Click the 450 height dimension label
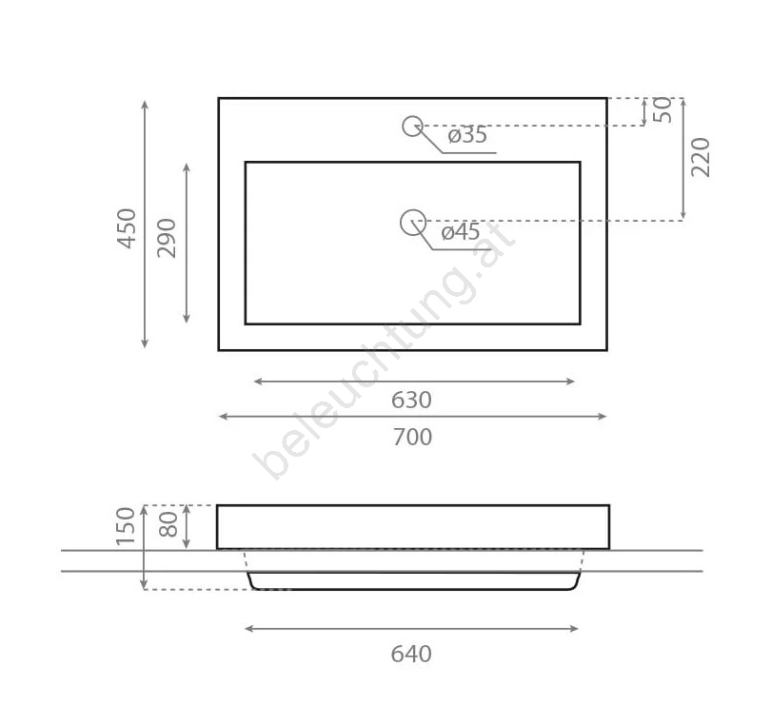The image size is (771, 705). click(x=127, y=228)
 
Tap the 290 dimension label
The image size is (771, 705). click(x=167, y=238)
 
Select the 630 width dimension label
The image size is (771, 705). click(x=411, y=401)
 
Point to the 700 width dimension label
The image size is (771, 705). click(x=412, y=437)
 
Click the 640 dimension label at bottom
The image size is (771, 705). click(x=411, y=655)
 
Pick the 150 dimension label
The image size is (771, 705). click(x=126, y=526)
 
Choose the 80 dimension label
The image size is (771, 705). click(x=168, y=524)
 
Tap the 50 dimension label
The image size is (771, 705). click(x=662, y=110)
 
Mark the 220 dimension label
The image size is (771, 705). click(x=701, y=157)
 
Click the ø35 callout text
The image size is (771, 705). click(x=467, y=135)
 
